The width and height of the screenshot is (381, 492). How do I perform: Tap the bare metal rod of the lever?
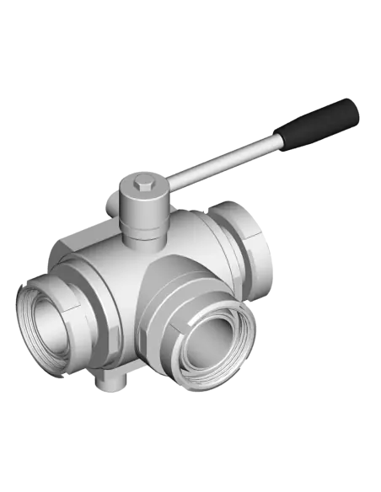[228, 158]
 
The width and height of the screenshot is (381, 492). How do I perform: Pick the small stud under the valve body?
[109, 384]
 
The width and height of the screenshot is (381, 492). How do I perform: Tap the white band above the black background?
[190, 29]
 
